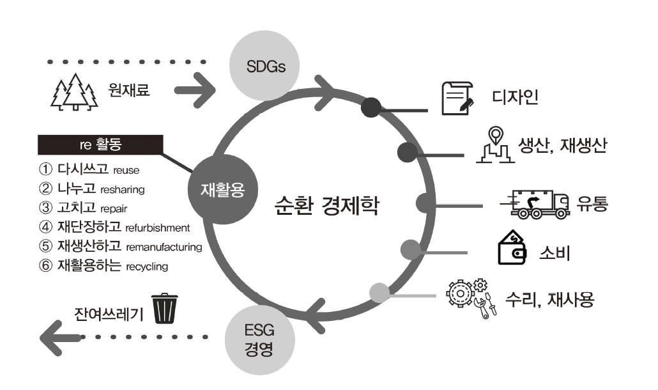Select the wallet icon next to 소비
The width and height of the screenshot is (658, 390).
(512, 250)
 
